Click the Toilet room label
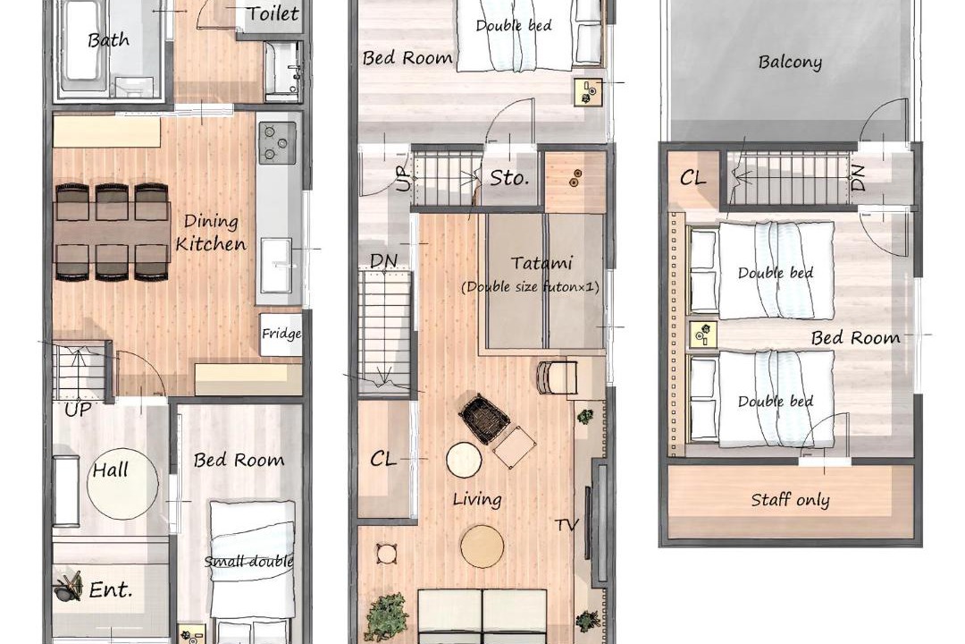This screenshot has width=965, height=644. click(273, 13)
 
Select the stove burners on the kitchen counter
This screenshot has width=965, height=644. click(277, 142)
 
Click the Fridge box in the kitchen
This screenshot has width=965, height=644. click(281, 335)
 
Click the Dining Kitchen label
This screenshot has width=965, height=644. click(211, 233)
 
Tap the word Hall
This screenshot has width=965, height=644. click(110, 470)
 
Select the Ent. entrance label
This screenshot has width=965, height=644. click(111, 589)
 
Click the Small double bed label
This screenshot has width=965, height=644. click(248, 562)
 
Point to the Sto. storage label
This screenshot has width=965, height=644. click(509, 178)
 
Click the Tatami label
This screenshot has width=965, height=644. click(541, 263)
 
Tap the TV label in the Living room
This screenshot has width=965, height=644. click(566, 525)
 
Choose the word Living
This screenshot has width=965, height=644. click(477, 499)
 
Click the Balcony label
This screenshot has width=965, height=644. click(790, 63)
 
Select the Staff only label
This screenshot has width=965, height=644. click(790, 500)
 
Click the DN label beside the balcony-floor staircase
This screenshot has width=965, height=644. click(859, 177)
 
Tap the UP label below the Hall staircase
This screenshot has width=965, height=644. click(78, 409)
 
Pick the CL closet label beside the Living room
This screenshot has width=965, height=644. click(382, 459)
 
